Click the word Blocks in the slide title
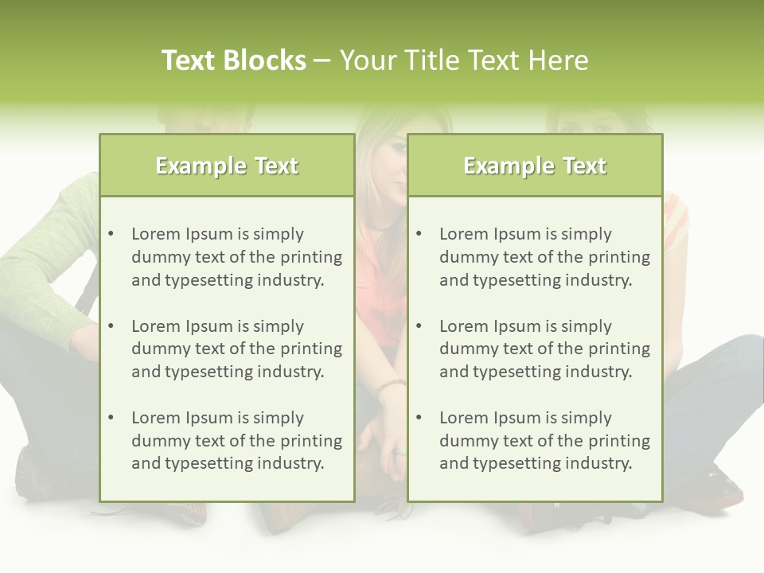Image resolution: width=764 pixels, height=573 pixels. [x=265, y=60]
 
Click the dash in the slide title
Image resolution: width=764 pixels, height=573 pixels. [x=322, y=61]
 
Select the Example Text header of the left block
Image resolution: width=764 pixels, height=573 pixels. [x=227, y=166]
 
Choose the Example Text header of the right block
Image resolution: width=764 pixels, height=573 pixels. [x=535, y=166]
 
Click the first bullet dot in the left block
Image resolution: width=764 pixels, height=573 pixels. [x=111, y=234]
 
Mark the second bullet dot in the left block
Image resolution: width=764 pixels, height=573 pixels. [x=111, y=326]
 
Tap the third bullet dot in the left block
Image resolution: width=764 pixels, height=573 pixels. [x=111, y=418]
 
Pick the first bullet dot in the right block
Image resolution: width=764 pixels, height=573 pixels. [x=419, y=234]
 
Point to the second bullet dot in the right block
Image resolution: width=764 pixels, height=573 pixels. [x=419, y=326]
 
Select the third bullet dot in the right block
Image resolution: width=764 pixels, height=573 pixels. [x=419, y=418]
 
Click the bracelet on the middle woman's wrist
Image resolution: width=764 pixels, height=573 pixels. [x=390, y=385]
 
